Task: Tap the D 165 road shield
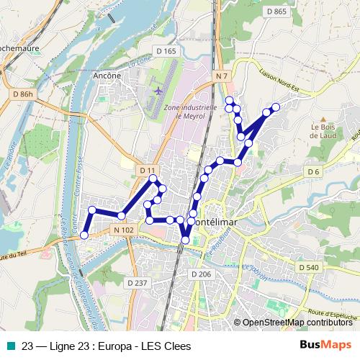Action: (x=166, y=51)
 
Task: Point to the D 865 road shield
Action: (x=276, y=11)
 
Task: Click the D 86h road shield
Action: (x=23, y=94)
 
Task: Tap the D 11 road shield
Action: (x=148, y=170)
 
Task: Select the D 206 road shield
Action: (x=201, y=275)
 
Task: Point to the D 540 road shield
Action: (x=307, y=267)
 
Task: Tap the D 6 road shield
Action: (x=312, y=171)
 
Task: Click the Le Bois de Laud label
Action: (x=324, y=129)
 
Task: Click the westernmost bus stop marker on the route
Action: (x=84, y=235)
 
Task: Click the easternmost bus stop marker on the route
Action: (x=275, y=107)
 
